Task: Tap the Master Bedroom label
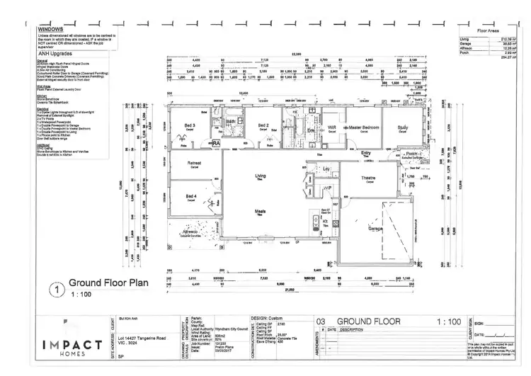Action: (362, 127)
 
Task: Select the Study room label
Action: (403, 127)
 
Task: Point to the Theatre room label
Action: (368, 178)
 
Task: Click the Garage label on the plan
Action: (376, 229)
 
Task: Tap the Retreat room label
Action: (194, 163)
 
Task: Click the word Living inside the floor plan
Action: (260, 176)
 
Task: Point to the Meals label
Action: (260, 210)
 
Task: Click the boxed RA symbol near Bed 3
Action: (217, 143)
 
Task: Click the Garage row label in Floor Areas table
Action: (465, 43)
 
